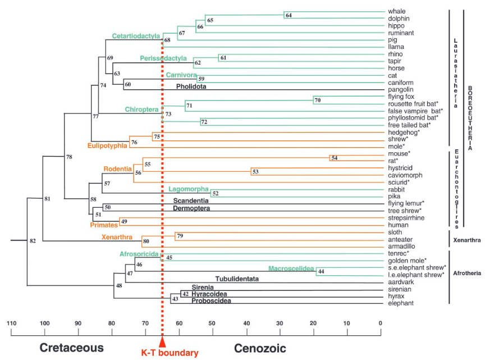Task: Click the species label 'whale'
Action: [396, 11]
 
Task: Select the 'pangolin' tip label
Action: [400, 90]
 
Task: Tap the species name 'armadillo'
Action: [401, 245]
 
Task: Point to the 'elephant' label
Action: [401, 303]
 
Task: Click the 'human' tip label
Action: [397, 225]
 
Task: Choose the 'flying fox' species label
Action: [401, 97]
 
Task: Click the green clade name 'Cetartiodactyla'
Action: [136, 36]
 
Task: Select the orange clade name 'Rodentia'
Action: [118, 168]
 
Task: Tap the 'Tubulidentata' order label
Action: [236, 278]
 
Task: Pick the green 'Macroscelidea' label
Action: [291, 268]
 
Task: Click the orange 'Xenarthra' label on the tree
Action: [116, 238]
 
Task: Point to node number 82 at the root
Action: [33, 240]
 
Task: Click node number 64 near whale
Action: [288, 16]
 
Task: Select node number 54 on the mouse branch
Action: [334, 158]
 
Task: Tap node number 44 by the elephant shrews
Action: [321, 272]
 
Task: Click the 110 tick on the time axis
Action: [11, 323]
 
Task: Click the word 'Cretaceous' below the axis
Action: [71, 348]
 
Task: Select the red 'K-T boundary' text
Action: [170, 353]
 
